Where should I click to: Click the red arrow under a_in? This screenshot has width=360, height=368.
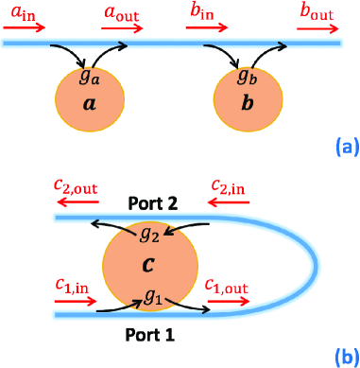point(25,27)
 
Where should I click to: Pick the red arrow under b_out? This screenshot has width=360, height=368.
point(316,27)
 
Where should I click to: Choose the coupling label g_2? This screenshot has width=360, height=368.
point(148,231)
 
